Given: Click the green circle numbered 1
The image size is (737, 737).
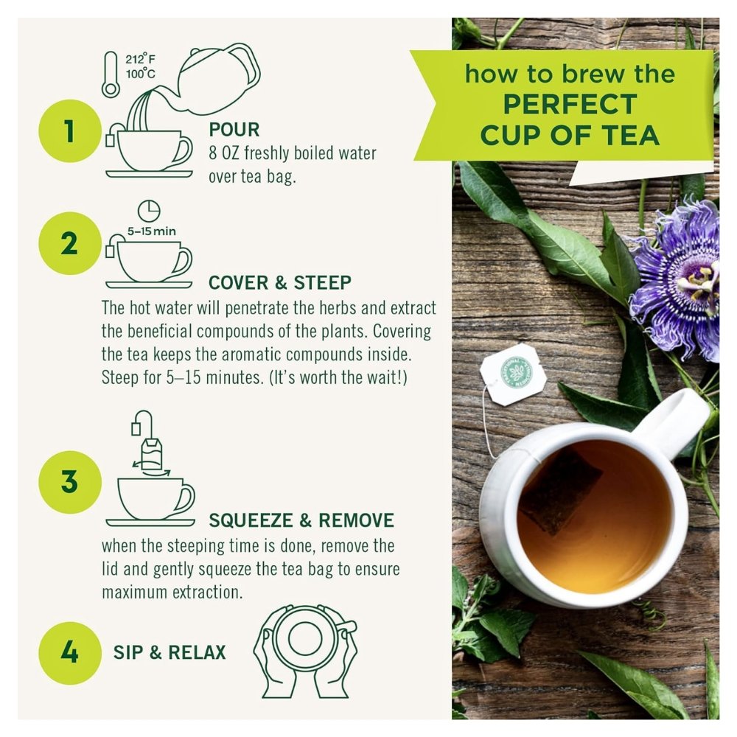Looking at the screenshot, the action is tap(69, 130).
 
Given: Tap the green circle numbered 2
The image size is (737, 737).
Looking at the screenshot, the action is tap(69, 243).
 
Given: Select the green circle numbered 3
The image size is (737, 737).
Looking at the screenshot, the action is tap(69, 482).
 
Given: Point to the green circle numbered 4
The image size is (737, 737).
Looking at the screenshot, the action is tap(69, 653).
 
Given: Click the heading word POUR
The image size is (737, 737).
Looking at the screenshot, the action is tap(234, 130).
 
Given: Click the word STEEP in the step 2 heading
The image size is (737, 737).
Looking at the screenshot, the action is tap(323, 282).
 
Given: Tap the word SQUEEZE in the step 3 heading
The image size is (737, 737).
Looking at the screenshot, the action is tap(251, 520).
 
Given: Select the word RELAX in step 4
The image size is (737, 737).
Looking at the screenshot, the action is tap(197, 652).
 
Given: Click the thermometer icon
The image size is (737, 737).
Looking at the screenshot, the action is tap(111, 74).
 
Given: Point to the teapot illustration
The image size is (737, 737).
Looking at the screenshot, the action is tap(219, 79).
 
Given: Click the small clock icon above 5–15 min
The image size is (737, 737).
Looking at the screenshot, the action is tap(149, 211).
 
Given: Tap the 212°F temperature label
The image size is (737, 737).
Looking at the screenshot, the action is tap(139, 59).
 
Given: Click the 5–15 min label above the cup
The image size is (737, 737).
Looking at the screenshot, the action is tap(151, 231).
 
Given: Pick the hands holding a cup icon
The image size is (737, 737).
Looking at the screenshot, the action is tap(305, 652).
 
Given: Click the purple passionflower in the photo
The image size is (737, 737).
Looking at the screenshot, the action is tap(680, 279).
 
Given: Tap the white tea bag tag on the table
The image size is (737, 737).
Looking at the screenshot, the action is tap(513, 374).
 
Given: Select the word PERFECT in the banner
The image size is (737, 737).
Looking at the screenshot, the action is tap(570, 105).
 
